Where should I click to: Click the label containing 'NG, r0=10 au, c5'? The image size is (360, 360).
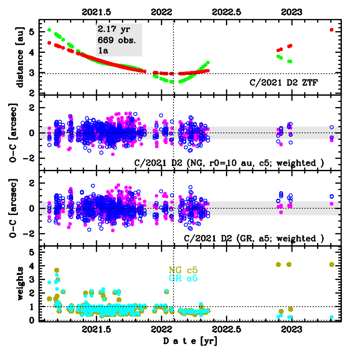229,163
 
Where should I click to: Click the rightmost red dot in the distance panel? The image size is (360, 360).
332,30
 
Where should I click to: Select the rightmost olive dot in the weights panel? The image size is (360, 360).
332,264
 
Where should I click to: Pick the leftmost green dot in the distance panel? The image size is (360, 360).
49,30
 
